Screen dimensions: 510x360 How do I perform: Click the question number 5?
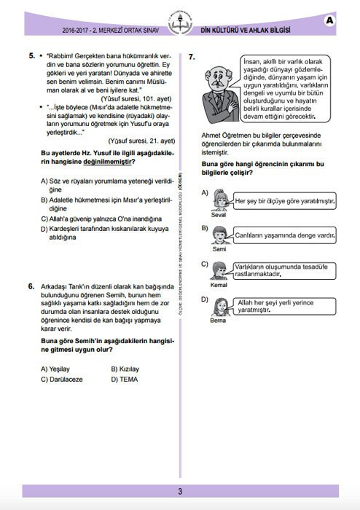(x=32, y=55)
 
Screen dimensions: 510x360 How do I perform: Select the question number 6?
(x=32, y=286)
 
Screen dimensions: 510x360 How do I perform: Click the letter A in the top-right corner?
(x=330, y=20)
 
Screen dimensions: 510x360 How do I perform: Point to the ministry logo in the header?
(x=179, y=22)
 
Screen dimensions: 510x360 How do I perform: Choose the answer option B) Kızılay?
(x=125, y=369)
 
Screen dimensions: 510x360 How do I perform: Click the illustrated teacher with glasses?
(x=216, y=90)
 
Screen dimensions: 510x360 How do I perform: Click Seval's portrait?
(x=218, y=200)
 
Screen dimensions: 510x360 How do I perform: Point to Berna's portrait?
(x=218, y=307)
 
